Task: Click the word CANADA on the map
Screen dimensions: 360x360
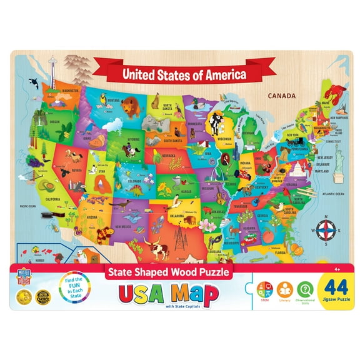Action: coord(281,96)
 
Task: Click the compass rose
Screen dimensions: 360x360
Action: coord(326,227)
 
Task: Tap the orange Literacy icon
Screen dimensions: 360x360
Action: coord(285,289)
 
